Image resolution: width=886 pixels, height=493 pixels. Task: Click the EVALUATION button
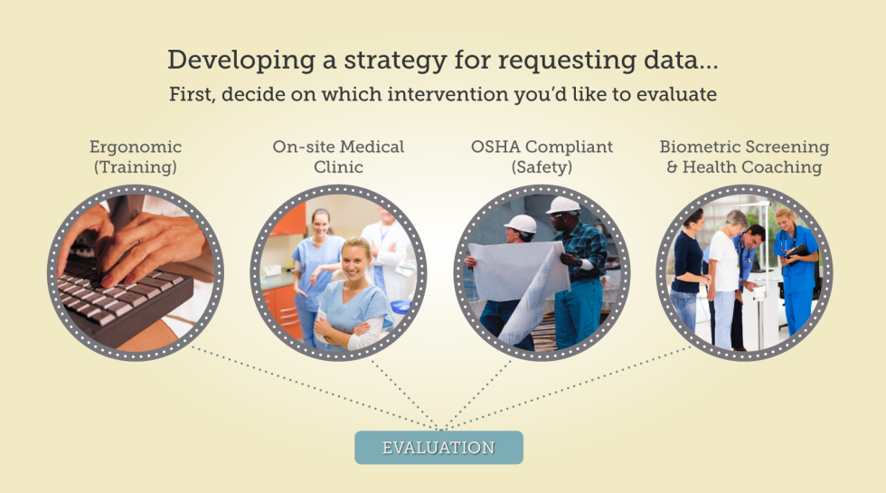coord(438,447)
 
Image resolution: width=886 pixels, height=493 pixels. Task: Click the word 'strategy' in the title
coord(396,61)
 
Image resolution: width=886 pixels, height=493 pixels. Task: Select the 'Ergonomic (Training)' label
coord(136,156)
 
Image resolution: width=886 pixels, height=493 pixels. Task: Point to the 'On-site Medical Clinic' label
coord(338,156)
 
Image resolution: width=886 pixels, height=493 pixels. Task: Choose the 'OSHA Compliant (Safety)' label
coord(542,156)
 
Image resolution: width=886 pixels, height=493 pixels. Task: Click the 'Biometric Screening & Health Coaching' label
coord(744,156)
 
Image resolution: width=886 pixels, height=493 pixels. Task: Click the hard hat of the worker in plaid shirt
coord(563,204)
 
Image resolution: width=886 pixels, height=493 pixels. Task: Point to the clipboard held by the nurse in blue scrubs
coord(797,251)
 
